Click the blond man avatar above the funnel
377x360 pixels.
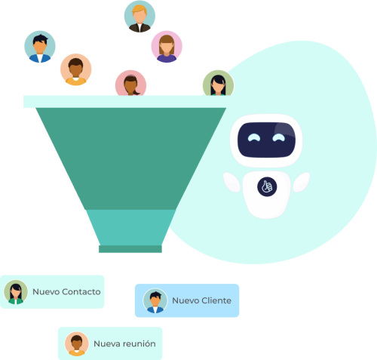[x=139, y=17]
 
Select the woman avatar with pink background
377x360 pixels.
[x=167, y=47]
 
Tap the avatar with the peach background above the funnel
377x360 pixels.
[x=76, y=69]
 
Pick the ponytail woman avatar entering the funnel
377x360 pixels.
[x=130, y=83]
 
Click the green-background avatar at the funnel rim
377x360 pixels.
[x=218, y=83]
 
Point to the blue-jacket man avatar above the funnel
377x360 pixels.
[x=40, y=47]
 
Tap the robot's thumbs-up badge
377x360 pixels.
[x=267, y=186]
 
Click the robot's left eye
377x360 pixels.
[x=254, y=137]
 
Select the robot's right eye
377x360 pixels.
[x=279, y=137]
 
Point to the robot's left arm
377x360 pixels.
[x=231, y=182]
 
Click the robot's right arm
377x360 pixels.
[x=302, y=182]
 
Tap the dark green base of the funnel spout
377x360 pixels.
[x=130, y=249]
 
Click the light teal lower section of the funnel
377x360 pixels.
[x=130, y=227]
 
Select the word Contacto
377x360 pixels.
[x=81, y=292]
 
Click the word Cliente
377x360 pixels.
[x=216, y=300]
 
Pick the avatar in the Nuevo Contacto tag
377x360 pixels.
[x=16, y=292]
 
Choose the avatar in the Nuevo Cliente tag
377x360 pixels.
[x=155, y=300]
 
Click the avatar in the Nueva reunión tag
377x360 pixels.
[x=77, y=344]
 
